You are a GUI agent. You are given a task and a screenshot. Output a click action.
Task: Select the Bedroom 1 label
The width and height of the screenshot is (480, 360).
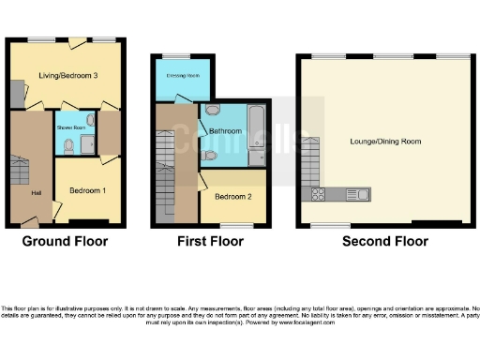[x=87, y=190]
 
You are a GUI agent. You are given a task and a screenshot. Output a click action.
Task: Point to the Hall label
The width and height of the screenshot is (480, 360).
[x=35, y=193]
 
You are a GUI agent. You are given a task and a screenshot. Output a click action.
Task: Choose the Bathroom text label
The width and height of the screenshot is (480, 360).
[x=226, y=131]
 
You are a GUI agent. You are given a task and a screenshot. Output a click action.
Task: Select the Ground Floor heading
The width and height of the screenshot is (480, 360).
[x=65, y=242]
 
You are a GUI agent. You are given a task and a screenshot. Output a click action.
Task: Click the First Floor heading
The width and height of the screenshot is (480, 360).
[x=211, y=242]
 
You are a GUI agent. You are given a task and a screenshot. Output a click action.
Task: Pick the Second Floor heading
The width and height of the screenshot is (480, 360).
[x=385, y=242]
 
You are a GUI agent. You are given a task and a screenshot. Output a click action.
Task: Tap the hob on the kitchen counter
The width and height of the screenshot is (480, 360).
[x=318, y=195]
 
